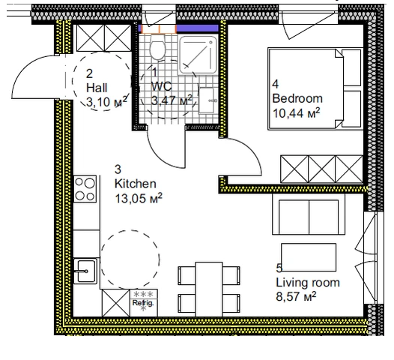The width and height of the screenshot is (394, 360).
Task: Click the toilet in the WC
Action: point(157,47)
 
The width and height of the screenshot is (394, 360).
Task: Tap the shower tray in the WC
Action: point(198,55)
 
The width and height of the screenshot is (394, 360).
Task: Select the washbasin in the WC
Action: point(207,100)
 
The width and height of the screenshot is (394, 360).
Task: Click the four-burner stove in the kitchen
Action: point(85,189)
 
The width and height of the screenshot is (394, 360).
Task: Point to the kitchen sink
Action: point(85,271)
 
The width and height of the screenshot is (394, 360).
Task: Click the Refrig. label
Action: point(143,303)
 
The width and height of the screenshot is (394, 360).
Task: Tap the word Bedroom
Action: point(297,98)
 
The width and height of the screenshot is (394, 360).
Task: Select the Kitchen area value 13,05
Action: point(130,199)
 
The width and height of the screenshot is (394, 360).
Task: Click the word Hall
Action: point(97,88)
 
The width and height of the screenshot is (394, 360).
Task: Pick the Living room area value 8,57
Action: point(288,296)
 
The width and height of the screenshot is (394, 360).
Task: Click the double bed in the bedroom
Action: point(315,88)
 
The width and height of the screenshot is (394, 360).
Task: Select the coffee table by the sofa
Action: point(309,257)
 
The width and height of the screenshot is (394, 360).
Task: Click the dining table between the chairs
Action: point(209,289)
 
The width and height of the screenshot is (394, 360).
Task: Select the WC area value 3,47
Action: point(163,100)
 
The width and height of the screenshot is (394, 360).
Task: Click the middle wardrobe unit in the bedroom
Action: point(321,169)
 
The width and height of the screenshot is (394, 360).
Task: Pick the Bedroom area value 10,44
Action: point(288,113)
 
